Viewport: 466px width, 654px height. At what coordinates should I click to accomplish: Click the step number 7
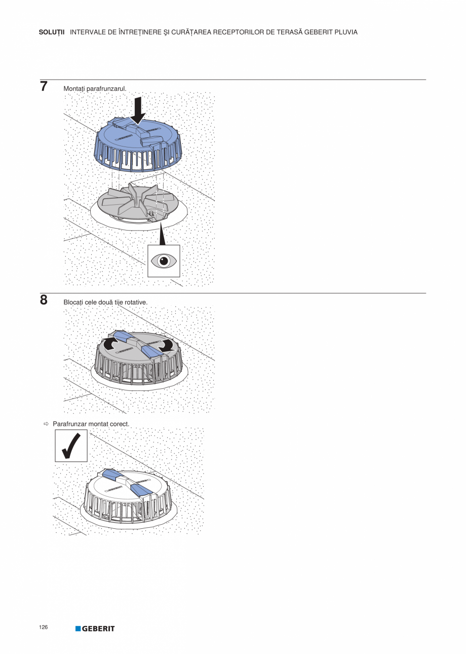(44, 86)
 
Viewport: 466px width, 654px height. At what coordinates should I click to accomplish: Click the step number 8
(44, 300)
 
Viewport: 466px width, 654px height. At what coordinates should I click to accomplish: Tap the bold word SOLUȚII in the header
(52, 32)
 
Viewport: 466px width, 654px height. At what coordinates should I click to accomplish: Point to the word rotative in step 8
(136, 302)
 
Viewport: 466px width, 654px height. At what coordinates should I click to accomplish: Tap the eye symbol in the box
(164, 261)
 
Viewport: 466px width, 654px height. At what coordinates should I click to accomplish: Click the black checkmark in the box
(71, 446)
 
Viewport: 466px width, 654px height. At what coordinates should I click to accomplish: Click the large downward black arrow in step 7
(138, 111)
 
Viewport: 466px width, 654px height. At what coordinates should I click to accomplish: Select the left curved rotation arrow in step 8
(109, 343)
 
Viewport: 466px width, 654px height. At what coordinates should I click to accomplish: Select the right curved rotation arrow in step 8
(167, 345)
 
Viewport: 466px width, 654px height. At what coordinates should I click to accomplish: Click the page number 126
(43, 627)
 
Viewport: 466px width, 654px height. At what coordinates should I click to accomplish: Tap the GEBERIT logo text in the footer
(98, 629)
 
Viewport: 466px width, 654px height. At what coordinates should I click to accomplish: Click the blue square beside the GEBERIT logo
(78, 629)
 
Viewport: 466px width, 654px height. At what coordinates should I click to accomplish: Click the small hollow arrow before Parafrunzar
(46, 424)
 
